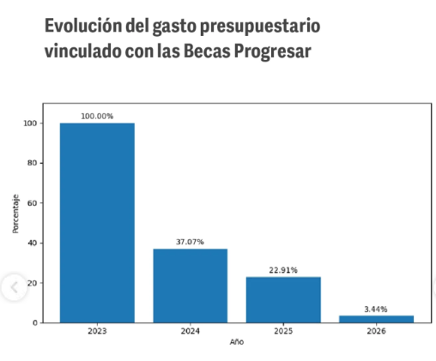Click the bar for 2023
coord(97,223)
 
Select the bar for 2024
coord(191,286)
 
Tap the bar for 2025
coord(283,300)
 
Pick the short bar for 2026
coord(377,319)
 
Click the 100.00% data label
coord(97,117)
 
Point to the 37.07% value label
coord(190,242)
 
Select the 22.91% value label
coord(283,270)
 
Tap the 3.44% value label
coord(376,310)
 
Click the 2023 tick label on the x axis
coord(97,331)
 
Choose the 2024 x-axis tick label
coord(191,331)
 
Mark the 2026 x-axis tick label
coord(377,331)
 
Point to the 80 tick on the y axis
coord(32,163)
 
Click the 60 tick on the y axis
coord(32,203)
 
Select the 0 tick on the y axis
coord(35,323)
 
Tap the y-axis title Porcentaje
coord(15,214)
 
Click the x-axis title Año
coord(237,342)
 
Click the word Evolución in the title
coord(83,26)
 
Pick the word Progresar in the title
coord(273,51)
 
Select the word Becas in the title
coord(207,51)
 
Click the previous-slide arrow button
coord(15,287)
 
